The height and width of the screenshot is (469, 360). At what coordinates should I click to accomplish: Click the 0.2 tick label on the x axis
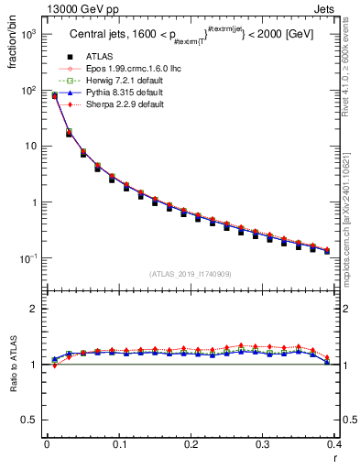click(190, 446)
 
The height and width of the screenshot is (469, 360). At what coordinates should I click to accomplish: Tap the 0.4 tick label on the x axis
click(334, 446)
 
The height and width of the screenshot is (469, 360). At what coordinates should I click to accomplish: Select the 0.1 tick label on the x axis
click(118, 446)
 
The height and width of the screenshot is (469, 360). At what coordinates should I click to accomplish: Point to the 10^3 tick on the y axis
click(27, 34)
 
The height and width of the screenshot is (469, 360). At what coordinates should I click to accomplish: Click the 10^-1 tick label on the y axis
click(27, 259)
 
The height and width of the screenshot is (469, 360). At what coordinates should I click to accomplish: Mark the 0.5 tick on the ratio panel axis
click(29, 420)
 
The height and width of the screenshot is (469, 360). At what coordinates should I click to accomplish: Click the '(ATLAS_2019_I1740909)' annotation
click(190, 273)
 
